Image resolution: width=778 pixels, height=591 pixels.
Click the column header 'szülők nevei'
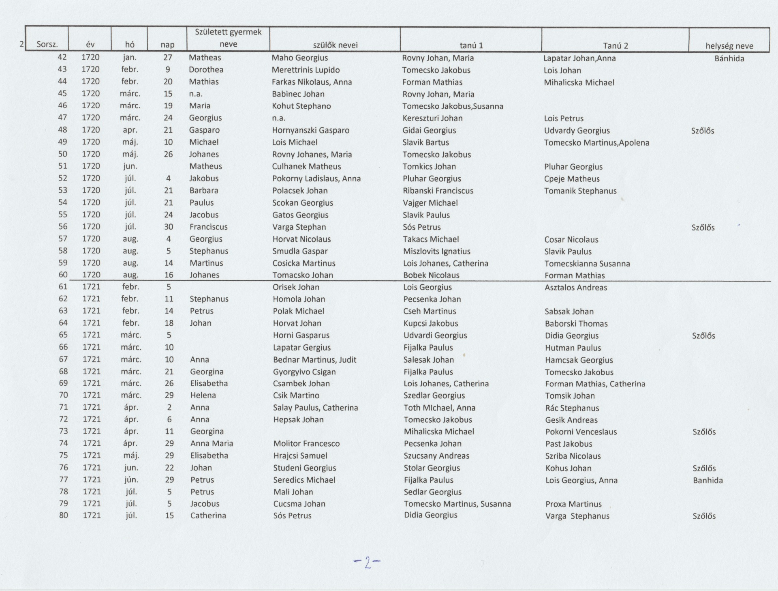point(334,45)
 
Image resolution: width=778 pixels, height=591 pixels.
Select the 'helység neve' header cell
point(729,46)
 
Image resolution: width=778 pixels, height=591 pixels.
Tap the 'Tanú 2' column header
point(615,45)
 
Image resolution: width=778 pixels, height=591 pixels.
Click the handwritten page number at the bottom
point(367,563)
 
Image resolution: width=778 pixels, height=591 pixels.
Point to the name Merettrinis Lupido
point(306,70)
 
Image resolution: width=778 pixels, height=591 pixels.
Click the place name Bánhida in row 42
point(729,58)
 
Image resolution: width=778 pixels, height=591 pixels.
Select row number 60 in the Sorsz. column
point(63,275)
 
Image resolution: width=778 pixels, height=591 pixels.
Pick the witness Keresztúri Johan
point(432,118)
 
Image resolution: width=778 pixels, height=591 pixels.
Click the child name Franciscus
point(208,227)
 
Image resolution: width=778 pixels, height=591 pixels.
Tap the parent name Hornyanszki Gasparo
point(310,130)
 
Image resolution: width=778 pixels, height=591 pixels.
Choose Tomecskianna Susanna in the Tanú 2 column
point(587,264)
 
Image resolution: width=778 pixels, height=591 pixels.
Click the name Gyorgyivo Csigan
point(304,372)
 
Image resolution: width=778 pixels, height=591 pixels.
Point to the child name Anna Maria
point(212,443)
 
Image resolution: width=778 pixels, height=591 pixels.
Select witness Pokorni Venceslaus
point(581,432)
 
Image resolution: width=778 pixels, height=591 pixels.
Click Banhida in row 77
point(707,480)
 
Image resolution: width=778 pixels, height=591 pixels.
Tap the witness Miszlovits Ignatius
point(436,251)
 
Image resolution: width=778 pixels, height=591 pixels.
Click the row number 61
point(63,287)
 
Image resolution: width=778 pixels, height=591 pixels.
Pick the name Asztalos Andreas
point(576,288)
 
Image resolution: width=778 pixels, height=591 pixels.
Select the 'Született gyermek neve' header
point(228,38)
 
